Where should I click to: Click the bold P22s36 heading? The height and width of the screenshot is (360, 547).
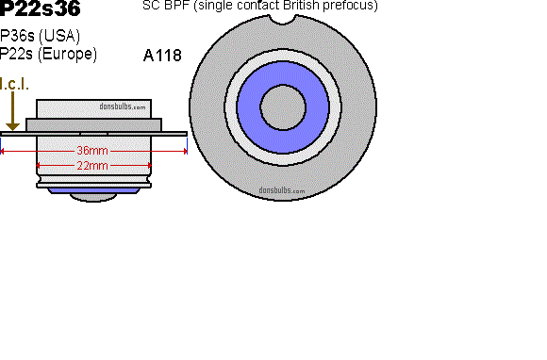tap(41, 8)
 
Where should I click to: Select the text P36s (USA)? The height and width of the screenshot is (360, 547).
tap(41, 36)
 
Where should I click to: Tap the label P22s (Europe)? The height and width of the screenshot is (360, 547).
tap(48, 54)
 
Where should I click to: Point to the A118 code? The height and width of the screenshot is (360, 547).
tap(162, 56)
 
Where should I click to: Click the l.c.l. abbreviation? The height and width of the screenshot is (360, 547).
tap(14, 84)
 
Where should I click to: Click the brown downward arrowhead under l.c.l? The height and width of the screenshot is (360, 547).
tap(13, 126)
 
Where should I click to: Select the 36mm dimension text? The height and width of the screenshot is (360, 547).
tap(92, 151)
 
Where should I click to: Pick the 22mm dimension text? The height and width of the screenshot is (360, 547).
tap(92, 165)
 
